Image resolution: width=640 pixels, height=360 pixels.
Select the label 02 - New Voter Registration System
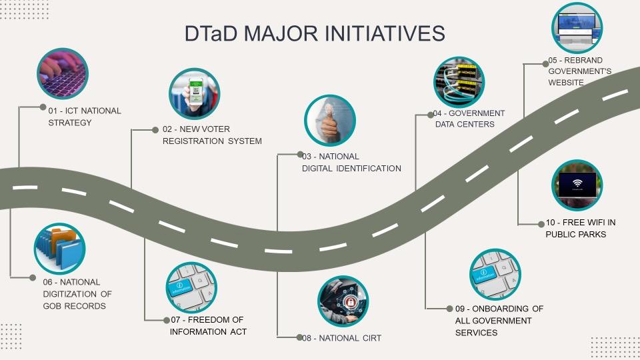click(x=212, y=135)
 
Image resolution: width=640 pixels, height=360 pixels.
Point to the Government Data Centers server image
click(x=459, y=82)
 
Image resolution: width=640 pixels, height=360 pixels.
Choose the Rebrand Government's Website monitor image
click(x=577, y=28)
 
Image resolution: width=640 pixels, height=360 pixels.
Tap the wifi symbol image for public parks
click(x=577, y=185)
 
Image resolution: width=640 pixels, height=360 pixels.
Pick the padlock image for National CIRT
click(x=343, y=301)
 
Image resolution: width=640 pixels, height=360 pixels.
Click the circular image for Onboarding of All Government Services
click(x=495, y=275)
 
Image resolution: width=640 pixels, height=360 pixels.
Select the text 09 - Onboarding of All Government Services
click(x=495, y=320)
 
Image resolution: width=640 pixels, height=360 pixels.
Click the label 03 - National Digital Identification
click(x=351, y=162)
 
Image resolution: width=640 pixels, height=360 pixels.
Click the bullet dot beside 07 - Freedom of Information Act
click(x=167, y=320)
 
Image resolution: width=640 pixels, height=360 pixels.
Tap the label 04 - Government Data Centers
click(x=469, y=119)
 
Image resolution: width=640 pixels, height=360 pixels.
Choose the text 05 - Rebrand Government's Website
click(x=579, y=71)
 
